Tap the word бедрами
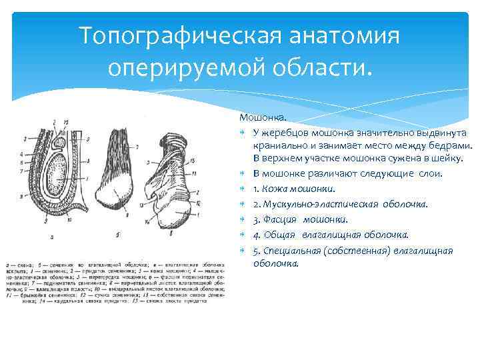(x=451, y=145)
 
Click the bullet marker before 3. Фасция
(x=244, y=219)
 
